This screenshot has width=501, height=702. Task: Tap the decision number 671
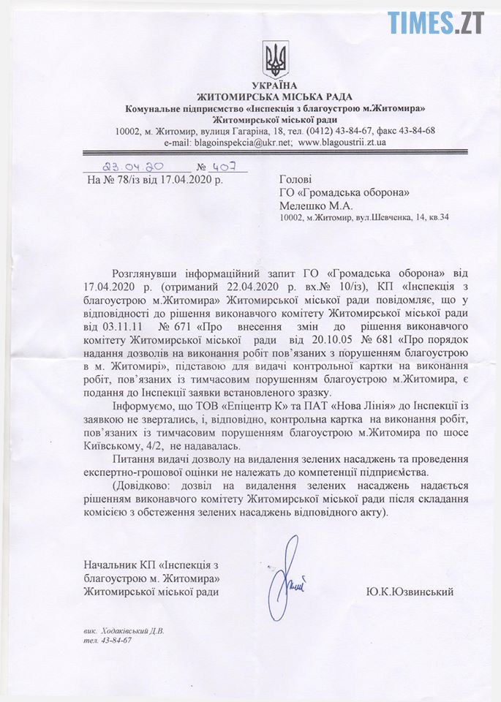(x=179, y=319)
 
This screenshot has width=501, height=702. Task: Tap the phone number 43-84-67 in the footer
(x=118, y=640)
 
